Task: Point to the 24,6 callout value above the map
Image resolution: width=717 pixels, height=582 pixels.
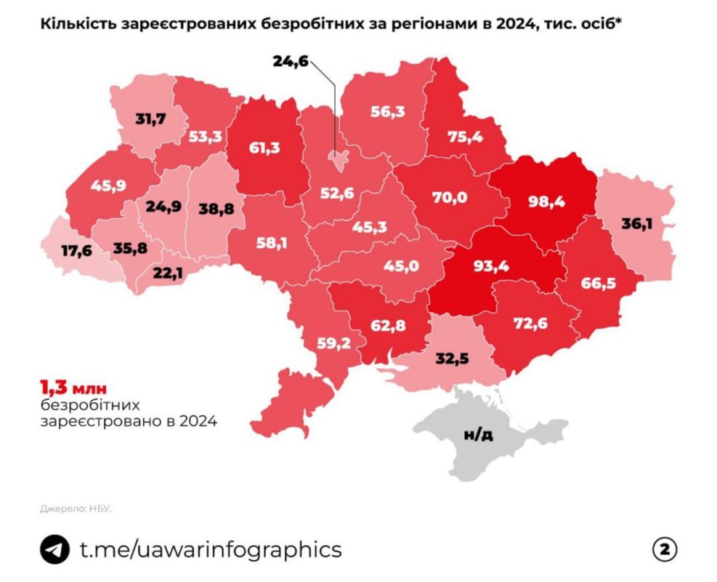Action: tap(291, 61)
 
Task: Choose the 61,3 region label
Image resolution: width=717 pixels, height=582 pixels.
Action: tap(264, 147)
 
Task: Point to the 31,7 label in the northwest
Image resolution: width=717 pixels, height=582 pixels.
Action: tap(151, 116)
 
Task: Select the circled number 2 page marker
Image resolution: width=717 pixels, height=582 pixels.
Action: tap(665, 549)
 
